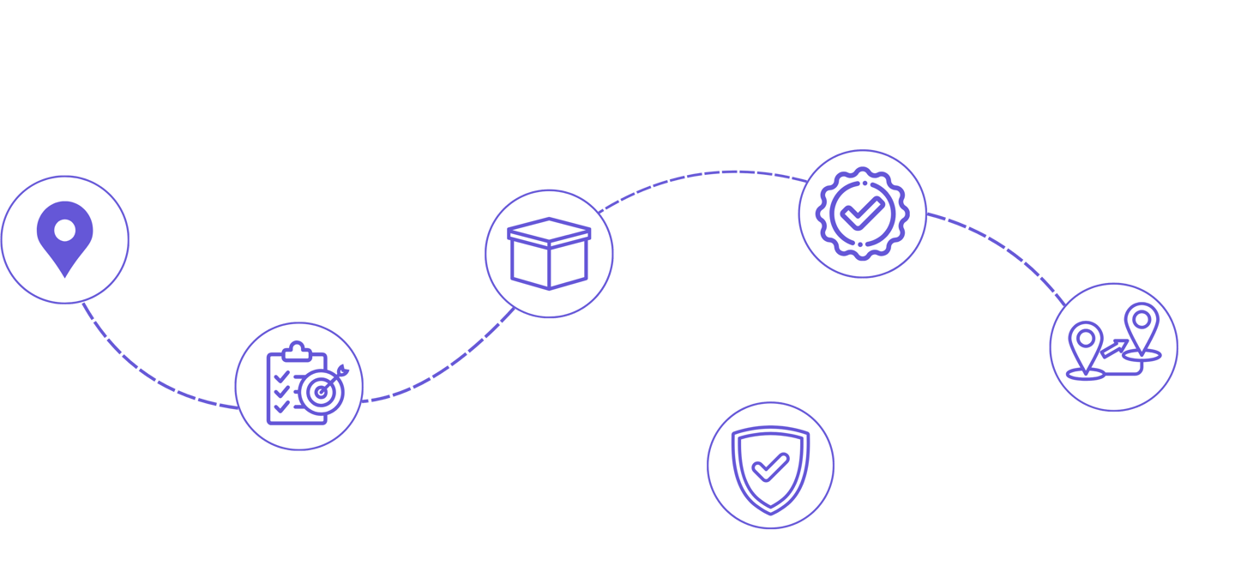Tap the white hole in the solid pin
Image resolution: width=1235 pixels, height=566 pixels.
pos(65,230)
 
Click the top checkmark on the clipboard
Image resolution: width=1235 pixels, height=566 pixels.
pos(281,376)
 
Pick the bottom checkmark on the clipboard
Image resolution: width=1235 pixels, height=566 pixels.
pos(281,407)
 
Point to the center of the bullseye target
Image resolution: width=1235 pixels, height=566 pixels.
pos(322,392)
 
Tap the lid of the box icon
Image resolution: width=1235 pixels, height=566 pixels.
pos(549,230)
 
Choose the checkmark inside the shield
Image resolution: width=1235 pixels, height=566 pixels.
pos(770,467)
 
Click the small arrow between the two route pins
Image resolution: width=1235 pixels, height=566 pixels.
pos(1114,346)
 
